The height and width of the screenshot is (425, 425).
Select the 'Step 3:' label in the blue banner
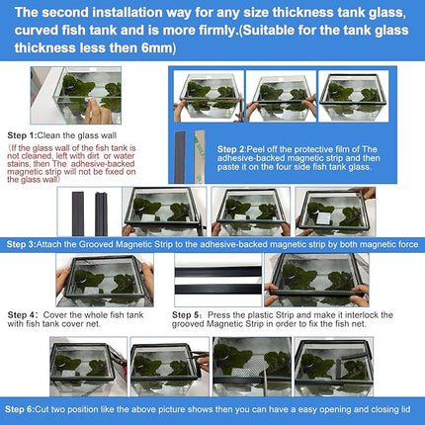point(21,243)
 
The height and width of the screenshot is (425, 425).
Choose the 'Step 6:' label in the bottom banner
point(21,408)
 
